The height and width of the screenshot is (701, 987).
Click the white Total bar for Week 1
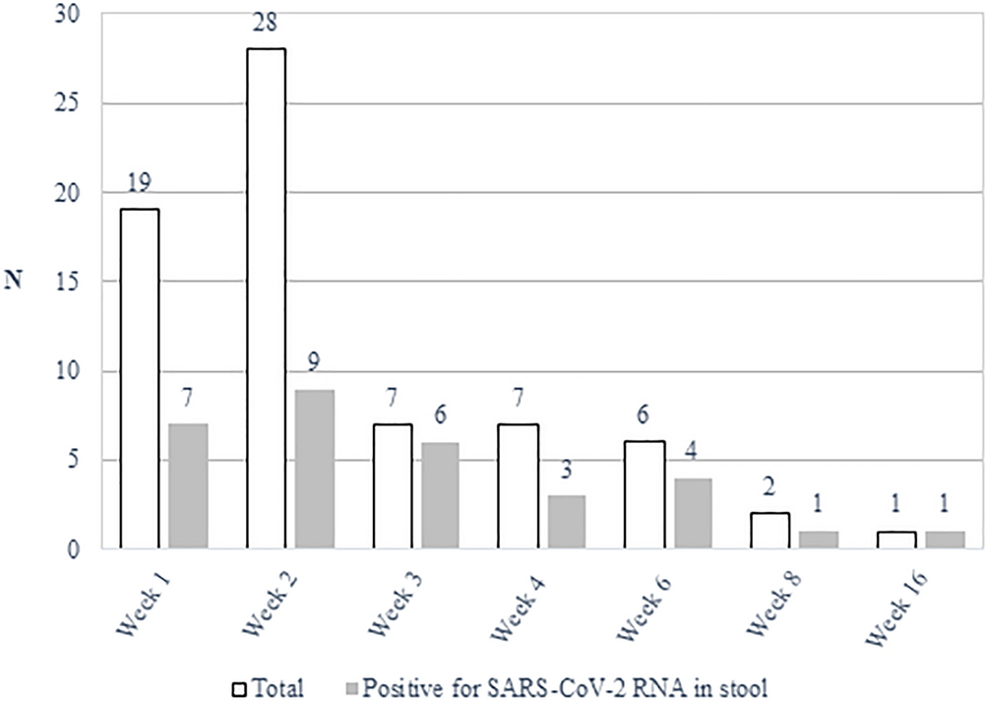point(139,379)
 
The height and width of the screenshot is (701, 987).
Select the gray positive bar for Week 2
point(315,470)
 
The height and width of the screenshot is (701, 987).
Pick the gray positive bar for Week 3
point(441,495)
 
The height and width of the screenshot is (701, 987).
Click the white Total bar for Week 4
point(518,486)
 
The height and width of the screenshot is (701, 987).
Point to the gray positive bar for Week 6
point(694,513)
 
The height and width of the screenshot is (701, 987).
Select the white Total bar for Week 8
point(771,531)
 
